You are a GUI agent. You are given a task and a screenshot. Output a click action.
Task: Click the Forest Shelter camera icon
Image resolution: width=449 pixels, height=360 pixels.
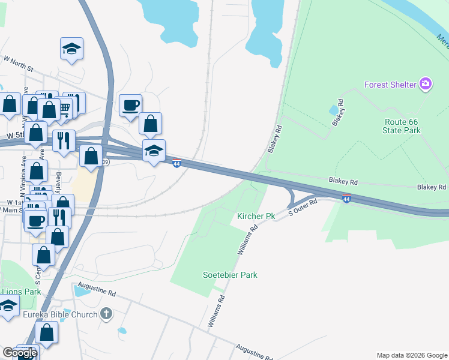click(426, 84)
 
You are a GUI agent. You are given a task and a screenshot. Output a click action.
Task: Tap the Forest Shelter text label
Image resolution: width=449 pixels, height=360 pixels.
click(390, 85)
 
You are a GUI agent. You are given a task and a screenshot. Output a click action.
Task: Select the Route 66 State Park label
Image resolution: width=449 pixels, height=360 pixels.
click(401, 125)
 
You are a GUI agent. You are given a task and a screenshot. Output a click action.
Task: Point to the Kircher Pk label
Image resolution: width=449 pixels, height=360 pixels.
click(256, 215)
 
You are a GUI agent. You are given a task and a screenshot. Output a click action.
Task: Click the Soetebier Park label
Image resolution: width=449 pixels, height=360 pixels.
click(230, 275)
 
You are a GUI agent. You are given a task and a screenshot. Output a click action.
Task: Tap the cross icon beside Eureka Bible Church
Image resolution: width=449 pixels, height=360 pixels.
click(106, 314)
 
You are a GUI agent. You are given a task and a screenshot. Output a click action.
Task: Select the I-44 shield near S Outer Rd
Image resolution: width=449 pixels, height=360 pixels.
click(346, 197)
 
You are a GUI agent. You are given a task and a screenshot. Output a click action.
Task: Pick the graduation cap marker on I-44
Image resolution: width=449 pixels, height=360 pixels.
click(154, 152)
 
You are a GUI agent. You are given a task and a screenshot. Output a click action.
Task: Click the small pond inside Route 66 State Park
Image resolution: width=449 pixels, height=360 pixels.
click(333, 110)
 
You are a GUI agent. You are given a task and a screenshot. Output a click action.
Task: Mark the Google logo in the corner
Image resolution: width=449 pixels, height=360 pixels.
click(20, 352)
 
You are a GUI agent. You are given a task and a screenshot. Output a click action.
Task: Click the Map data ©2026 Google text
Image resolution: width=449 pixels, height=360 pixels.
click(411, 355)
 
